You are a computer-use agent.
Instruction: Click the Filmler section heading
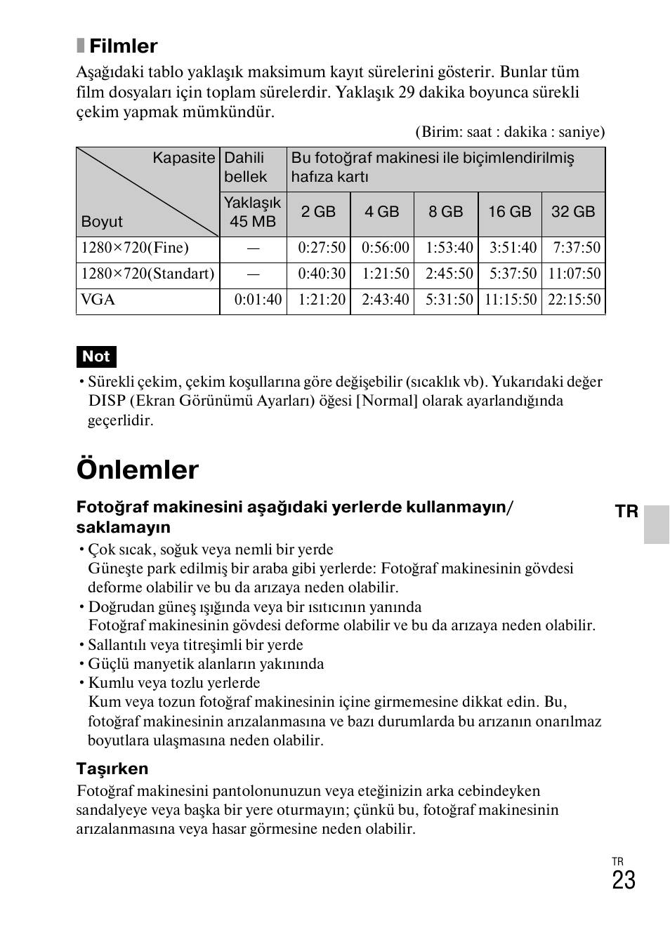123,46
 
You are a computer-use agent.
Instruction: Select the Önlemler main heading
138,470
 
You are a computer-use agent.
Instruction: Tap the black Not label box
96,357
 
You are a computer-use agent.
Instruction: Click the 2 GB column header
318,212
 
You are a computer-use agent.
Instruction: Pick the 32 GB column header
573,212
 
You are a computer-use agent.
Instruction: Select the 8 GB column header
446,212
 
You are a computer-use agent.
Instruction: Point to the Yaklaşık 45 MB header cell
253,212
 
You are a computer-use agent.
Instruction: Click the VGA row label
98,300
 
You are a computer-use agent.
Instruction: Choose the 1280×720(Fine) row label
135,248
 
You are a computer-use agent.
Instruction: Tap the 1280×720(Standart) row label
147,274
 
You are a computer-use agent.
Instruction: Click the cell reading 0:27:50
322,248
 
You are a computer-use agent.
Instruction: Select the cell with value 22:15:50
574,300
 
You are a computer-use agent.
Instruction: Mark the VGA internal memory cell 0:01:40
258,300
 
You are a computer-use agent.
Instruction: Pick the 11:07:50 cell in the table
574,274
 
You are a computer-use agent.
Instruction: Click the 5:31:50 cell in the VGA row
449,300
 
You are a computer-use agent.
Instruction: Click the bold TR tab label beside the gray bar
626,512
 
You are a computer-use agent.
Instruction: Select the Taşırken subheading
112,769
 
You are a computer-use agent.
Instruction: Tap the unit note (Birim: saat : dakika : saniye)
510,132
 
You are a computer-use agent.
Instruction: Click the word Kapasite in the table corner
184,158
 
